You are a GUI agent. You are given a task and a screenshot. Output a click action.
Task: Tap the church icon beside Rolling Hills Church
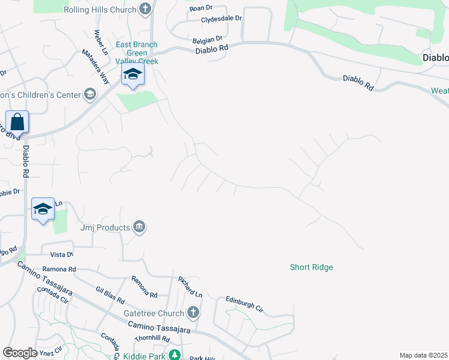145,9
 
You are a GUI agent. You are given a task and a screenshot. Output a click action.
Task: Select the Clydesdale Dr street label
221,19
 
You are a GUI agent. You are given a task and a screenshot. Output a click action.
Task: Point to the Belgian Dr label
207,39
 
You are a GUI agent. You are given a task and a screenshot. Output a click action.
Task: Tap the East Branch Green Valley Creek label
136,53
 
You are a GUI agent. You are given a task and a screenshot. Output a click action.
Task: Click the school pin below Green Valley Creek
132,75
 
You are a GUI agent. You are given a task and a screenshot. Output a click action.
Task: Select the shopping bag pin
17,122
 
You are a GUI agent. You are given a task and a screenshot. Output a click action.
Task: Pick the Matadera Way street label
96,67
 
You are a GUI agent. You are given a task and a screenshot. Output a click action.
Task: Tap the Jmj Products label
105,228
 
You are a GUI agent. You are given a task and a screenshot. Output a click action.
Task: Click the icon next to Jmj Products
139,227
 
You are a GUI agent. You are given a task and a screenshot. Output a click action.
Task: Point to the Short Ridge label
311,267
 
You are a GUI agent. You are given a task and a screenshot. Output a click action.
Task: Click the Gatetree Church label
153,313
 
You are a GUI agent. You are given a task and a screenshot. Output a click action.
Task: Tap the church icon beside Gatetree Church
193,312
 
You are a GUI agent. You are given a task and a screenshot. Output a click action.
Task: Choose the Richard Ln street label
190,287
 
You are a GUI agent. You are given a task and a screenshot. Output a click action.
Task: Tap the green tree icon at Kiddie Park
174,355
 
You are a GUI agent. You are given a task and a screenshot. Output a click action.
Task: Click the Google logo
20,353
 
